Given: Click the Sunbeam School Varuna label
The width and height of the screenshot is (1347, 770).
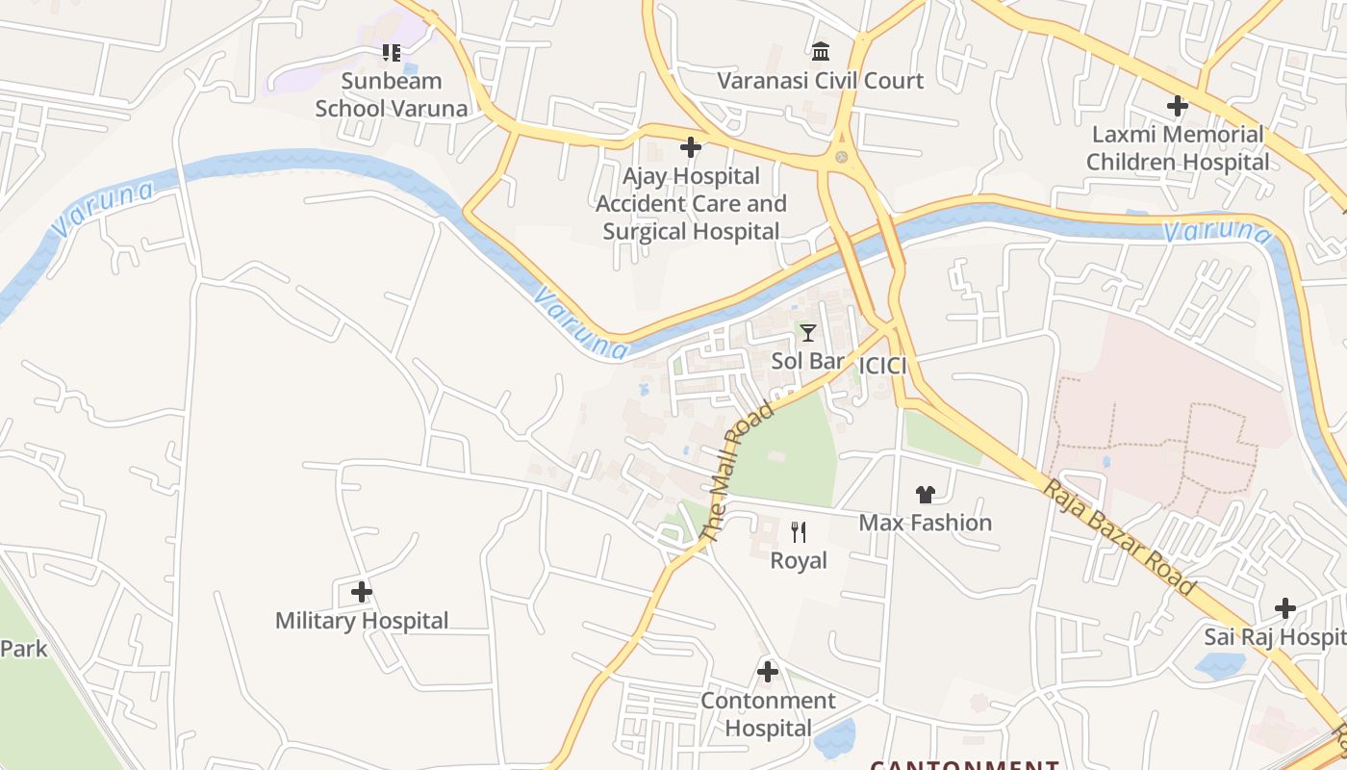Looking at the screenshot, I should [392, 94].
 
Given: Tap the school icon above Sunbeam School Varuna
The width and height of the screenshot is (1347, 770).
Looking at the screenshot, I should [392, 52].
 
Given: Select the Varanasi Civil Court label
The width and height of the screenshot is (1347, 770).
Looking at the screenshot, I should [820, 81].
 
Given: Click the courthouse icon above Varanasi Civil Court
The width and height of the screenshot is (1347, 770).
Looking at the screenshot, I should [821, 50].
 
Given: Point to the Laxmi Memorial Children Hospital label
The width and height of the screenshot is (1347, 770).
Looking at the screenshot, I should [1178, 148].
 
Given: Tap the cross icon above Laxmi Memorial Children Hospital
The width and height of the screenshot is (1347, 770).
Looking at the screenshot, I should [1177, 106].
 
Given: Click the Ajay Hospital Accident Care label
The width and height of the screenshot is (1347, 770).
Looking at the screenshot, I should [691, 204].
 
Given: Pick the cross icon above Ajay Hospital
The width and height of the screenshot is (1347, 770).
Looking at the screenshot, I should [690, 147].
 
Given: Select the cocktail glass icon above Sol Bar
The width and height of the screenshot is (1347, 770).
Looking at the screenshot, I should [808, 333].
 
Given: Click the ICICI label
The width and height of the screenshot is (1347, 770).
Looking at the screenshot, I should [882, 366].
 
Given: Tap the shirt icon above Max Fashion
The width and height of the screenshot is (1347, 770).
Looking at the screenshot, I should [925, 495].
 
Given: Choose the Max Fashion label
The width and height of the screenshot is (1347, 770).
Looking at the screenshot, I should [925, 523].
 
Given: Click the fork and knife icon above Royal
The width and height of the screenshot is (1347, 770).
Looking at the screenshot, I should [799, 531].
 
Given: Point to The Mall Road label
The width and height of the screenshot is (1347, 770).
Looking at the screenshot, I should [737, 472].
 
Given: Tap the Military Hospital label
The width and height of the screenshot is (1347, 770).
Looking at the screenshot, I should [362, 621].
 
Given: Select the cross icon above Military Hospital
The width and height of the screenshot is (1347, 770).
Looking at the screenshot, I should [361, 592].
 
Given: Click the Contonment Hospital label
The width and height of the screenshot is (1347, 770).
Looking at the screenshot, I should [768, 714].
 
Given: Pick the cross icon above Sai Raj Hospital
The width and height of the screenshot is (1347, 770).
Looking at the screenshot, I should [1284, 608].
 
